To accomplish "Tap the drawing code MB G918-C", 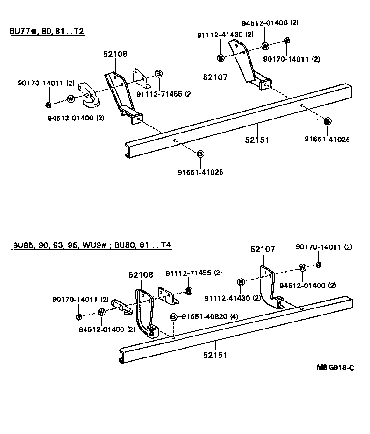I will click(335, 367).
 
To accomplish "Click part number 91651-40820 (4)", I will click(210, 317).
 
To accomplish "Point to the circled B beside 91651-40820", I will click(173, 317).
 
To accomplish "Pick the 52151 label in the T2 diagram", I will click(256, 139).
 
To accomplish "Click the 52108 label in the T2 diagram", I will click(115, 54).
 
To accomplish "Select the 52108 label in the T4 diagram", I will click(141, 275).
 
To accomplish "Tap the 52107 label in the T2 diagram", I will click(215, 77).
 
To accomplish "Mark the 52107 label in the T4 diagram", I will click(263, 249).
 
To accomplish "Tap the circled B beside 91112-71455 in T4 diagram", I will click(189, 291).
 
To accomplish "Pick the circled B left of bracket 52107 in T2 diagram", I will click(221, 58).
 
